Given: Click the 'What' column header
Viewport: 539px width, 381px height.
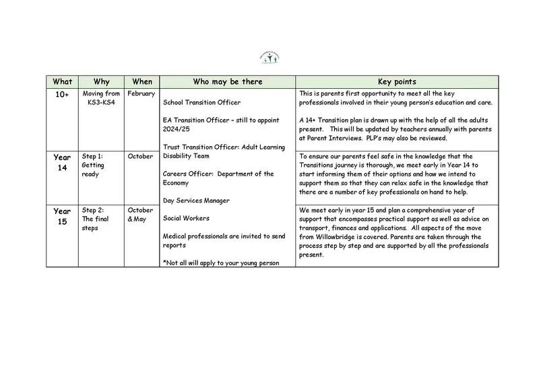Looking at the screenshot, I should coord(62,81).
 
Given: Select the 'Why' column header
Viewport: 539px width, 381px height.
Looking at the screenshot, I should coord(102,81).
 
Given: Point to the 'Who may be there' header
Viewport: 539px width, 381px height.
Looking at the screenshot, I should coord(227,81).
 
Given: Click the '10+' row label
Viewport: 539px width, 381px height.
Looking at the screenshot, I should coord(62,95).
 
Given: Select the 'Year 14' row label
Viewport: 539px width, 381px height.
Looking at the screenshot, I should coord(62,162).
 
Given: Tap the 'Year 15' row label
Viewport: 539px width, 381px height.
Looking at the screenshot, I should coord(62,216).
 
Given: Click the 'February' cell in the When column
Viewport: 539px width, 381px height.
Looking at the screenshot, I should coord(141,94).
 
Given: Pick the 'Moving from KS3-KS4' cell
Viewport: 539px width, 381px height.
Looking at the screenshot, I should coord(102,98).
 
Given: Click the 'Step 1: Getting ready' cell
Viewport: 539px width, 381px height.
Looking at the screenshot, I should coord(97,165).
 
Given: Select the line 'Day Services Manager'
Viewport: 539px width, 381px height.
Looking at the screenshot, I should coord(197,201).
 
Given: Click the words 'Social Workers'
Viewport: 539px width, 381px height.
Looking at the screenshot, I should coord(186,218).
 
